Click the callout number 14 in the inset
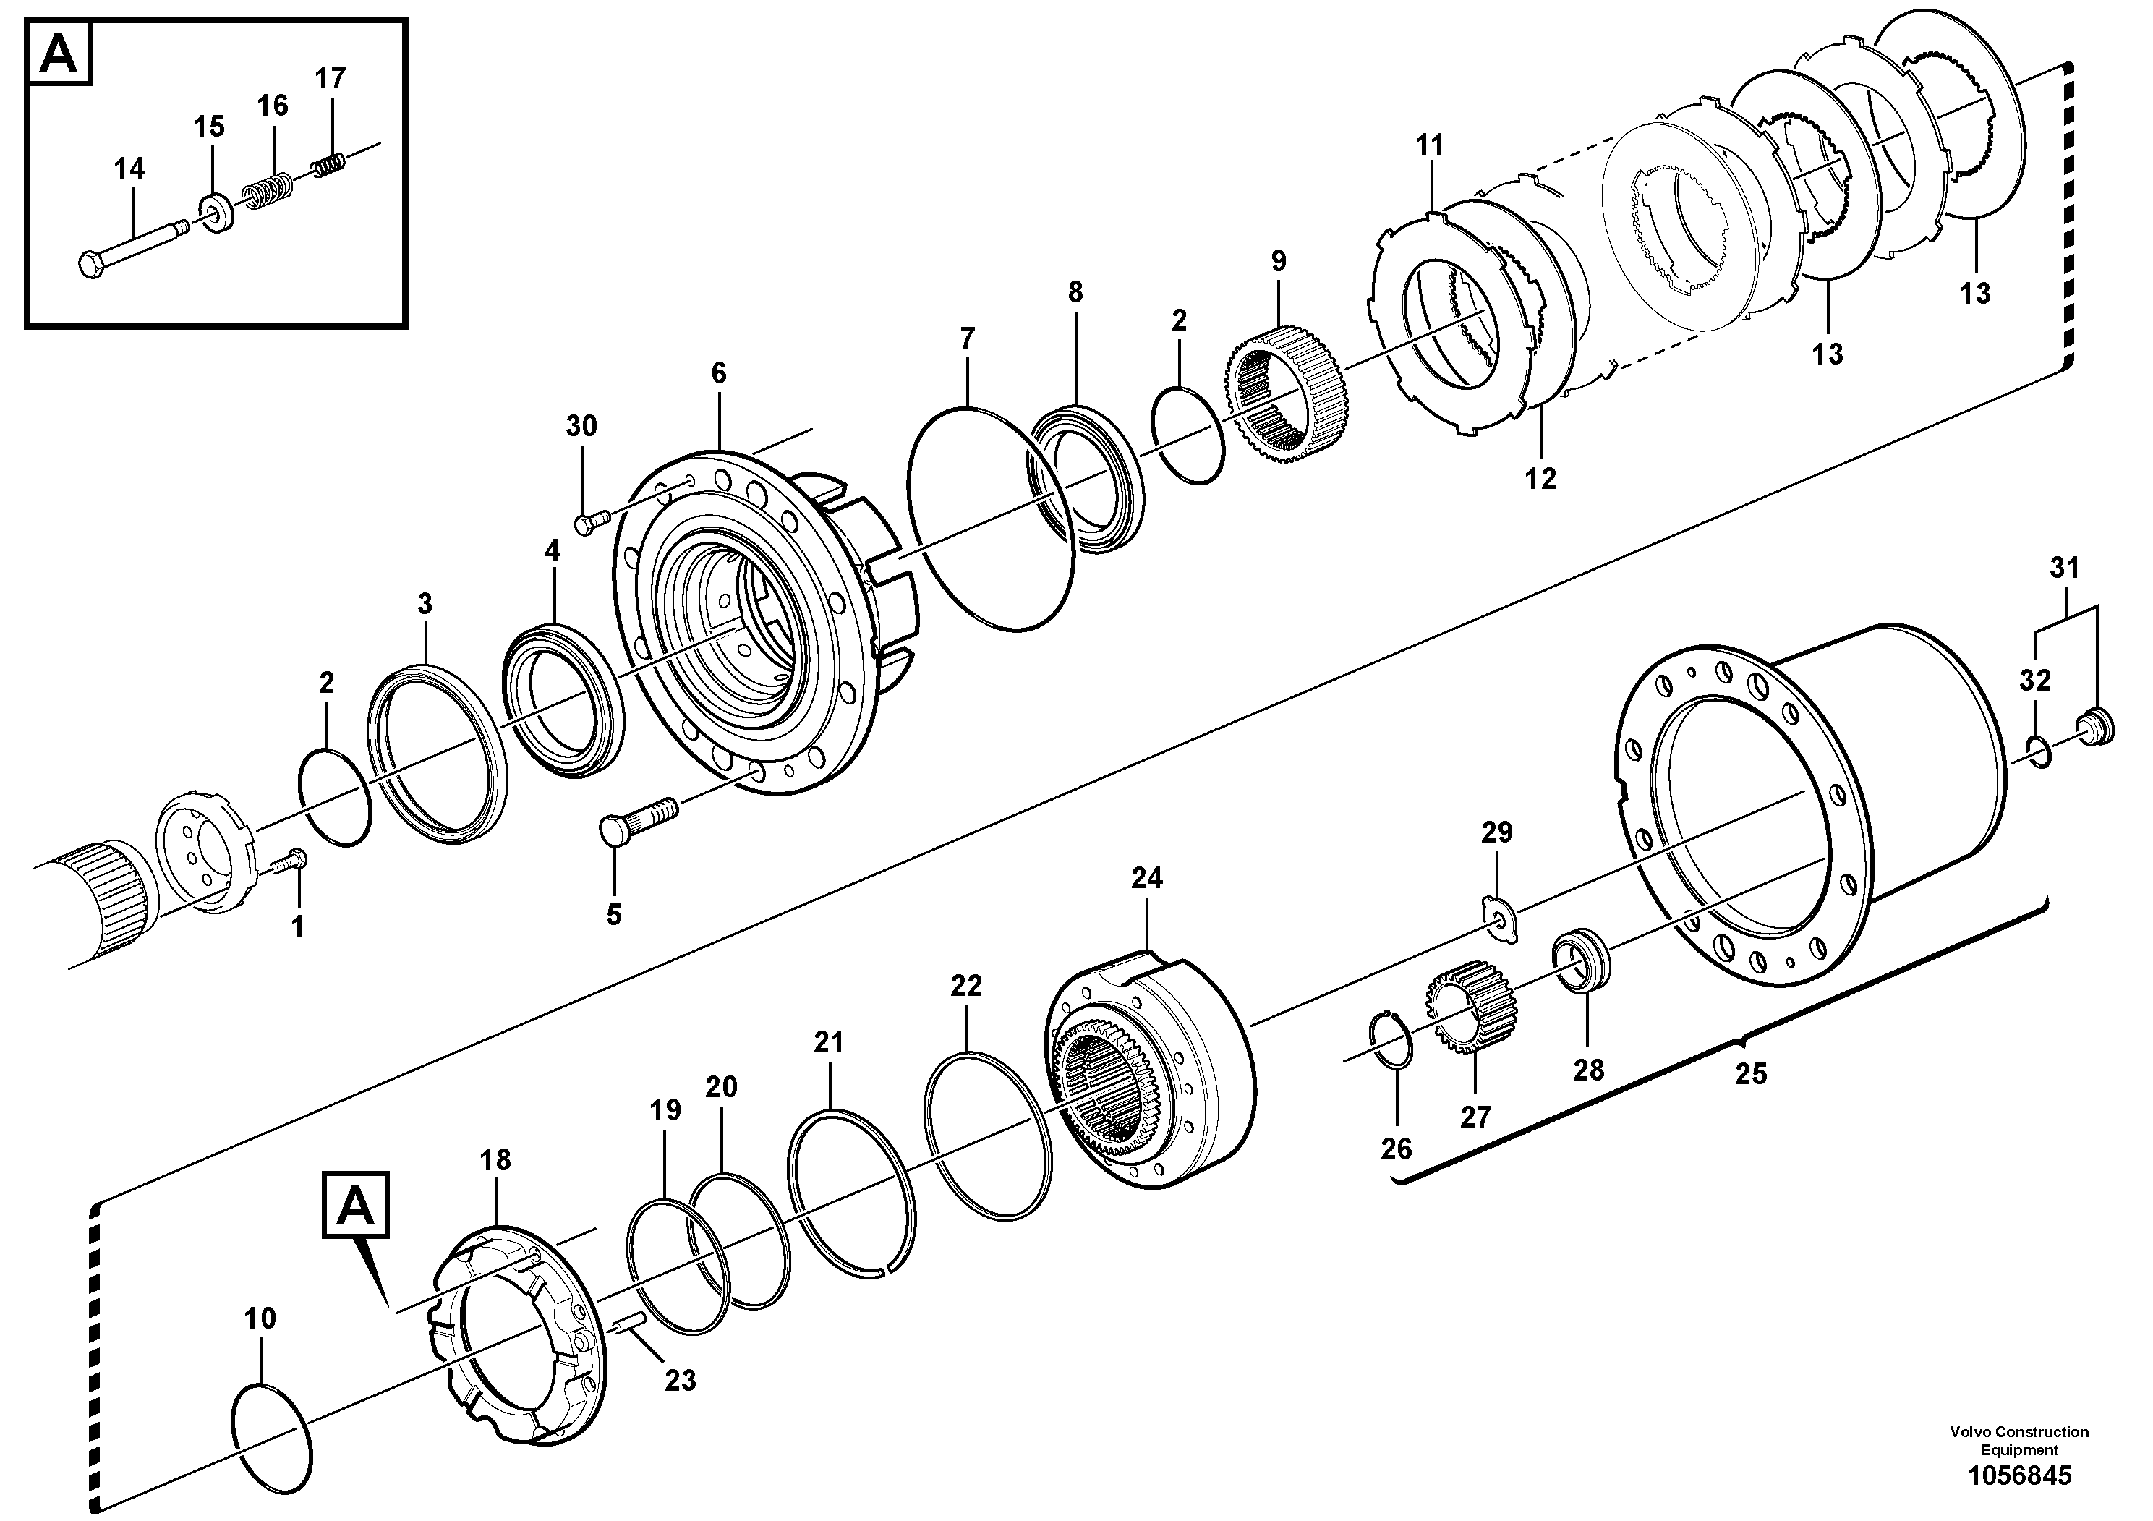[x=129, y=170]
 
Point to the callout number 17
[x=330, y=78]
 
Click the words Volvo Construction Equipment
[x=2019, y=1440]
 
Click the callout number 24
[x=1146, y=879]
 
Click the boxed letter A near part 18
[x=354, y=1206]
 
